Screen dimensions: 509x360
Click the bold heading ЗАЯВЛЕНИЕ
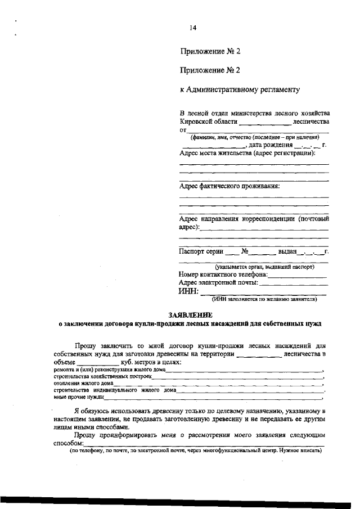point(190,316)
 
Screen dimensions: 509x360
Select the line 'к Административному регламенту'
point(240,89)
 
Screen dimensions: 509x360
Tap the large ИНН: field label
point(188,291)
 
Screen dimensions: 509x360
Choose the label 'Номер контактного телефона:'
point(223,274)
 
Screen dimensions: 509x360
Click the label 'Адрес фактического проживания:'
point(229,186)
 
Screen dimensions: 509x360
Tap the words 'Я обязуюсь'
point(96,412)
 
